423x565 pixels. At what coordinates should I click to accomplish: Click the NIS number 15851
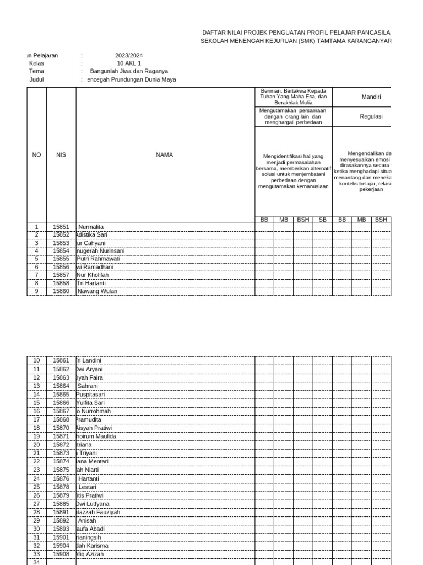(61, 227)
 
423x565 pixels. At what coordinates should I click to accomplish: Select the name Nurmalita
(91, 227)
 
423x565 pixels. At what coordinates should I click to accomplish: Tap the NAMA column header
(165, 155)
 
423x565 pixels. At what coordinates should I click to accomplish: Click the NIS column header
(61, 155)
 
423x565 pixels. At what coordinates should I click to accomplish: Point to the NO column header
(36, 155)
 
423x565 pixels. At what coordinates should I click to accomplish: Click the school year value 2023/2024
(128, 56)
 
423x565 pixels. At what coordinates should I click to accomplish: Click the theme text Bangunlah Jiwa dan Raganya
(129, 71)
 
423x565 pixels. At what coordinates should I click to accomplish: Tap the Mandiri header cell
(370, 97)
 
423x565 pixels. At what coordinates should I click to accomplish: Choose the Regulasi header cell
(371, 117)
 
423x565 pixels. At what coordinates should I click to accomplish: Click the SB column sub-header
(322, 220)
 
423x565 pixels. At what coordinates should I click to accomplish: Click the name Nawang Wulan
(97, 291)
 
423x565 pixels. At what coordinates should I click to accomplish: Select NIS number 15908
(61, 554)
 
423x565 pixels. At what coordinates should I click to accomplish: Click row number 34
(36, 562)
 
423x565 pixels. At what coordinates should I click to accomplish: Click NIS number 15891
(61, 512)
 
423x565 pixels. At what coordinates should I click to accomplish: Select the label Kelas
(36, 63)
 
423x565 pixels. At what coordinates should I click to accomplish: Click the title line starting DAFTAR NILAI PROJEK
(297, 33)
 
